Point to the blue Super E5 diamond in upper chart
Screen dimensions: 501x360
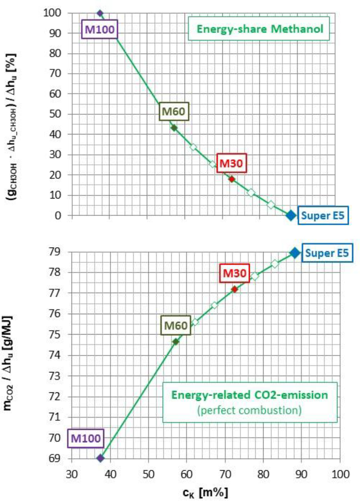tap(291, 215)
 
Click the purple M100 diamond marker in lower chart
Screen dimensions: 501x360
tap(100, 458)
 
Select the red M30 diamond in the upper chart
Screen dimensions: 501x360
tap(232, 179)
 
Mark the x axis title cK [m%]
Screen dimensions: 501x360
tap(207, 491)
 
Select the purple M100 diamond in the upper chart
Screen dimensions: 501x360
tap(100, 13)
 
